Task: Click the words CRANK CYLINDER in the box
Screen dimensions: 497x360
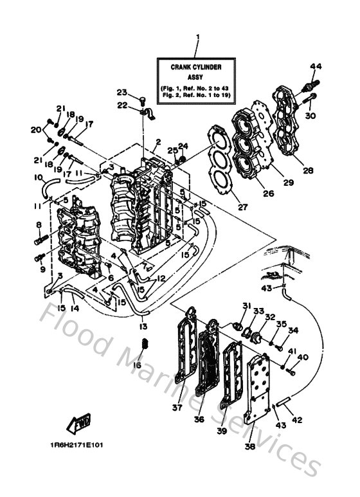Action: [x=197, y=66]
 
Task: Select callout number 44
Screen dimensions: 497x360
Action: [x=315, y=66]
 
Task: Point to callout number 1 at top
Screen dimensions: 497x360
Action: [x=197, y=37]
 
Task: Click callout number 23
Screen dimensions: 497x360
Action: [x=122, y=92]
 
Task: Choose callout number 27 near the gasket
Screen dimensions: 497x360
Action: [x=224, y=207]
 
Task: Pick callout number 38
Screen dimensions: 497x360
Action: [x=249, y=446]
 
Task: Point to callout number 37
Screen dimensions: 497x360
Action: [x=177, y=406]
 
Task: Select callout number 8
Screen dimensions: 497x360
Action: [x=39, y=224]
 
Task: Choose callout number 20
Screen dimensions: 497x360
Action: [x=36, y=129]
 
